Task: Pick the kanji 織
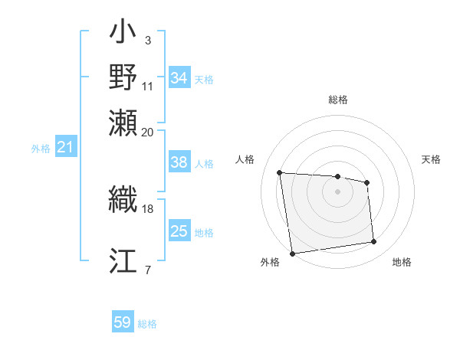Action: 123,200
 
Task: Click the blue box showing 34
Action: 179,78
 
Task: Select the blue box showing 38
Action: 179,162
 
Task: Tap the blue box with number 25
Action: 179,231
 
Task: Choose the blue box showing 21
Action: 65,147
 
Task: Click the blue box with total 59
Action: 123,322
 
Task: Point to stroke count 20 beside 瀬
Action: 148,132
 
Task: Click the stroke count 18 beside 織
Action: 148,208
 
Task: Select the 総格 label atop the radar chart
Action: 338,100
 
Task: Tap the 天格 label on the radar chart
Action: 431,159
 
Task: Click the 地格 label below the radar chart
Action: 402,262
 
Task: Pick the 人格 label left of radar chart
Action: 245,159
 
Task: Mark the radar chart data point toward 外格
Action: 292,253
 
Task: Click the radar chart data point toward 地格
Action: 374,242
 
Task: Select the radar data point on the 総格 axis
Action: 338,177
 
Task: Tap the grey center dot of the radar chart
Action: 338,191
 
